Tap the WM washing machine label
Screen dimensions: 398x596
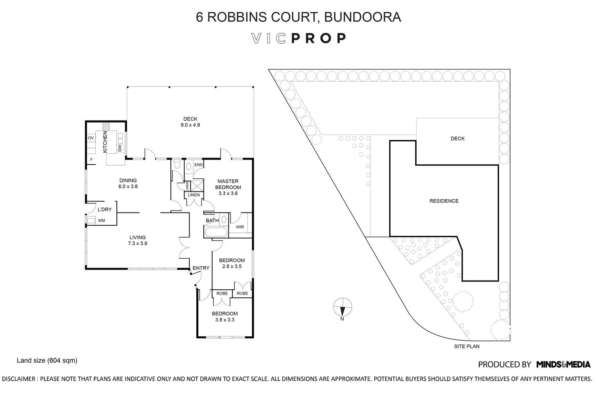pos(101,220)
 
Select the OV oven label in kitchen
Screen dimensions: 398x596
pos(91,138)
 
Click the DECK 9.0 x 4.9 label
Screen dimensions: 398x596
pos(190,122)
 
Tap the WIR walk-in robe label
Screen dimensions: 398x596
pos(240,227)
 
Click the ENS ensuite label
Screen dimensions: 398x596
pos(198,165)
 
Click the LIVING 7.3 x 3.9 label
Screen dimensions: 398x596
pos(137,240)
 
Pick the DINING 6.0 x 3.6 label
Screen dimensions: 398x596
pos(128,183)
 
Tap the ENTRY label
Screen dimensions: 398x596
pos(201,268)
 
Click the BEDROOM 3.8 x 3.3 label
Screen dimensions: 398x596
pos(225,316)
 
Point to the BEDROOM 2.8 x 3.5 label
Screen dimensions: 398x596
pos(232,263)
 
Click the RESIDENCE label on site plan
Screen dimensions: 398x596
pos(444,201)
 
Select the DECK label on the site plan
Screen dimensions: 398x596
pos(458,139)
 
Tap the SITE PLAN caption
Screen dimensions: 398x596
pos(467,346)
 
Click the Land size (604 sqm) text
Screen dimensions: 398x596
pos(47,361)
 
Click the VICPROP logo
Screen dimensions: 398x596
pos(299,38)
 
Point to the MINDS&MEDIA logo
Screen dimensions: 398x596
pos(563,364)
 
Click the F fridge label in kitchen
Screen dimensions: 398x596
pos(91,160)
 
